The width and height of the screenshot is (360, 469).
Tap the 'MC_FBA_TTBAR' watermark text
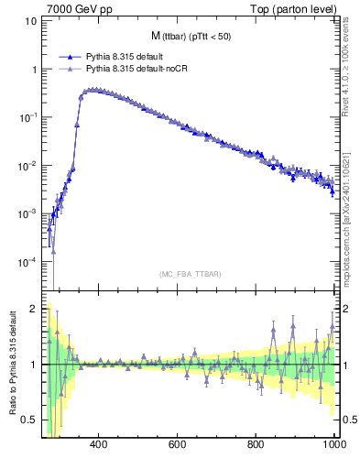pyautogui.click(x=191, y=273)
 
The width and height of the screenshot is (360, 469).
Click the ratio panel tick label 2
pyautogui.click(x=33, y=309)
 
